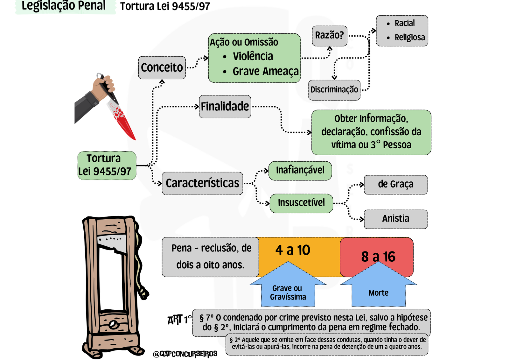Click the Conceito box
[x=162, y=67]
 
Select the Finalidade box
[x=225, y=106]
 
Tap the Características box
[x=202, y=183]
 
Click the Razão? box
[x=329, y=35]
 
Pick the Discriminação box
[x=334, y=90]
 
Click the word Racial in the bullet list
[x=404, y=23]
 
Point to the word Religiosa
[x=409, y=38]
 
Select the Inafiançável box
[x=300, y=170]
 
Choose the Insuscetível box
[x=301, y=203]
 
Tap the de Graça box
[x=395, y=184]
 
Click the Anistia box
[x=395, y=219]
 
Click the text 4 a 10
[x=293, y=250]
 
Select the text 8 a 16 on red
[x=378, y=257]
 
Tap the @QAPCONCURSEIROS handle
[x=185, y=354]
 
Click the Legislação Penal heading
[x=64, y=6]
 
